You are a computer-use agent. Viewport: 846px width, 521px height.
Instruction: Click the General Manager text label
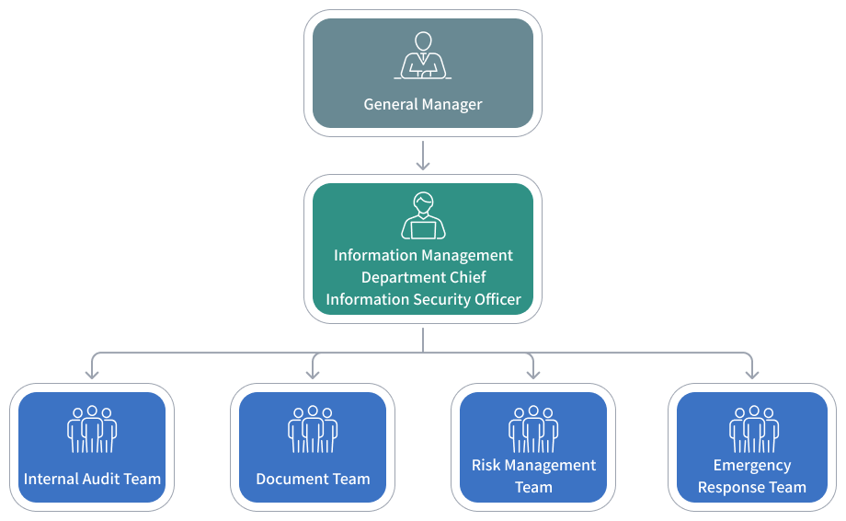pos(423,104)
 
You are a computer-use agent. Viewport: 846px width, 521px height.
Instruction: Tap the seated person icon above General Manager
pos(423,57)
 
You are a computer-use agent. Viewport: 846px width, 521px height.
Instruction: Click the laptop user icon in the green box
pos(423,217)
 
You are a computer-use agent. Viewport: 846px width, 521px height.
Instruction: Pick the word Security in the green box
pos(429,299)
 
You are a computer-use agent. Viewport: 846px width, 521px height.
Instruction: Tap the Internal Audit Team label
pos(92,479)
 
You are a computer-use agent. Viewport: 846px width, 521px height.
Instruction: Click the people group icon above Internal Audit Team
pos(92,429)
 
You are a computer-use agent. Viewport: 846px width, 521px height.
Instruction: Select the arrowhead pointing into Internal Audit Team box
pos(92,373)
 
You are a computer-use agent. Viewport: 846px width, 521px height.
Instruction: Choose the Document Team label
pos(313,479)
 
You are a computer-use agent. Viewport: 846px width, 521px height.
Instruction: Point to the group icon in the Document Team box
pos(313,429)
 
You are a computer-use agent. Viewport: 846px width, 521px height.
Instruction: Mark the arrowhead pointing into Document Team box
pos(313,373)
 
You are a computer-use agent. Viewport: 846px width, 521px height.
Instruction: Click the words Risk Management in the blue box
pos(533,465)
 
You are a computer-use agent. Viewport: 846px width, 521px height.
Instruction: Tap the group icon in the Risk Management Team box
pos(533,429)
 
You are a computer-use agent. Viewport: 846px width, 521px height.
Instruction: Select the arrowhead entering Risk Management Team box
pos(533,373)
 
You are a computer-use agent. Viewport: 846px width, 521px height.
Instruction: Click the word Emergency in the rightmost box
pos(752,465)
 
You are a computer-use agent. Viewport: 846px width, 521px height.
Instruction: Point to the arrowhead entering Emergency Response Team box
pos(752,373)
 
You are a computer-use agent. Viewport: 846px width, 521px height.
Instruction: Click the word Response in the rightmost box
pos(732,487)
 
